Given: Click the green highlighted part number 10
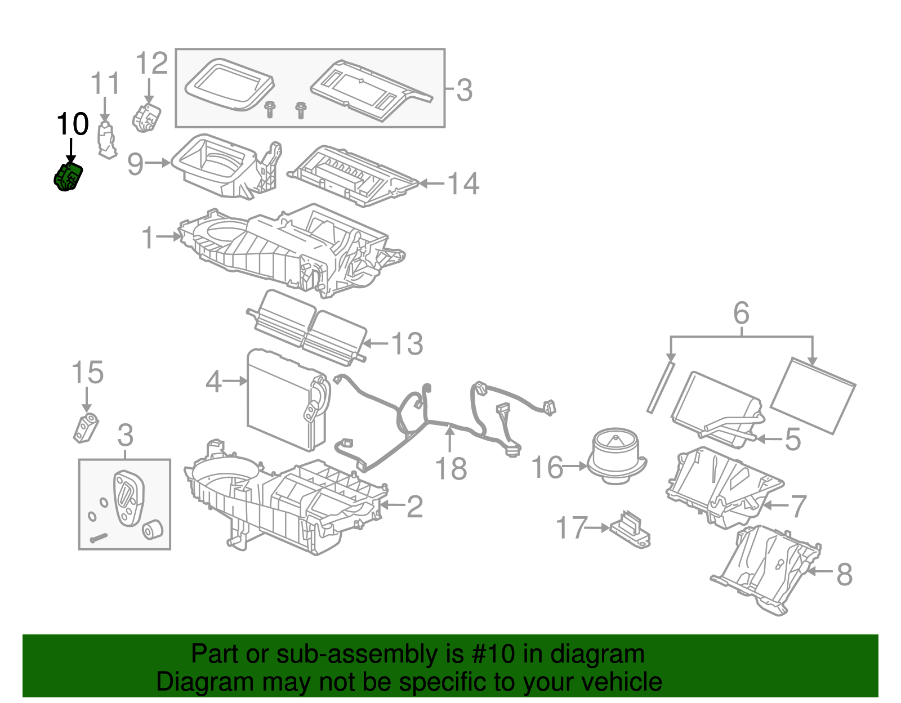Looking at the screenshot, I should click(x=68, y=177).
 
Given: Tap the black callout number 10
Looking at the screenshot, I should click(x=73, y=124).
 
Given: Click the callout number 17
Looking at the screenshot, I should click(x=571, y=528).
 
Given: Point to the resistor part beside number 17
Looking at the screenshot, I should click(x=631, y=529).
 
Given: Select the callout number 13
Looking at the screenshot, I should click(x=407, y=343).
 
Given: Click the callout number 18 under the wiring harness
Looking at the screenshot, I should click(x=451, y=468).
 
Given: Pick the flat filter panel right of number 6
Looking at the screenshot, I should click(x=812, y=395).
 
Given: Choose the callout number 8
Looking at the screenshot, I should click(x=844, y=574).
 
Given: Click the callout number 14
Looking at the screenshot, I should click(x=463, y=183).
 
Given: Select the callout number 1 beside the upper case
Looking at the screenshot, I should click(x=148, y=238).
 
